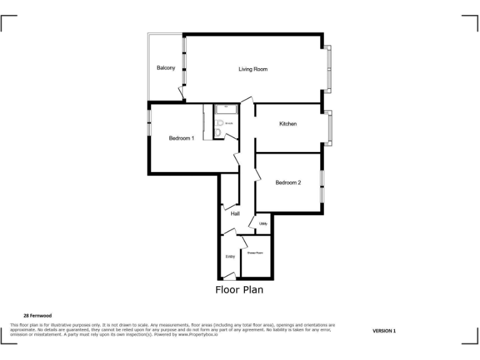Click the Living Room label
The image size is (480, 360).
coord(252,69)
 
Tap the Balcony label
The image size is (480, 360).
coord(166,67)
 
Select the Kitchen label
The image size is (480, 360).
coord(287,124)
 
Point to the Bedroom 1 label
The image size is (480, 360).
coord(181,138)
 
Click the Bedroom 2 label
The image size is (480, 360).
coord(288,182)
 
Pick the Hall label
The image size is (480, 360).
coord(235,214)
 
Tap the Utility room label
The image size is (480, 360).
coord(263,223)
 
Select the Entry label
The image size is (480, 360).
coord(230,256)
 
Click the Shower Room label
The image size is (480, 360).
coord(255,253)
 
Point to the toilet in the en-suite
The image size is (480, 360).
coord(218,132)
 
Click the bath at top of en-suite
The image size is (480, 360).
coord(226,108)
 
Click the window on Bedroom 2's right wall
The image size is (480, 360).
coord(322,186)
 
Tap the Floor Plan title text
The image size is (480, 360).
coord(239,289)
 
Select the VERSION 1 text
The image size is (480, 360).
coord(384,331)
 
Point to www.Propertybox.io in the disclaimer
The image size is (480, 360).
coord(201,334)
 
